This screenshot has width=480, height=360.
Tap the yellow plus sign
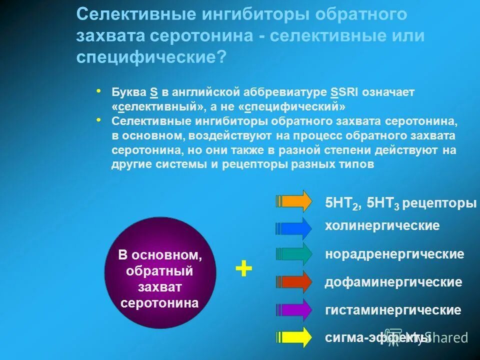tap(243, 269)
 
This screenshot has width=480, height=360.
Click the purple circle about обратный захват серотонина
tap(160, 272)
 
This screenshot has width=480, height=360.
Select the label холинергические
tap(382, 226)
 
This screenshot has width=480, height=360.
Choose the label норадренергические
tap(394, 254)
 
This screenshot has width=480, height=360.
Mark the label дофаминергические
tap(393, 282)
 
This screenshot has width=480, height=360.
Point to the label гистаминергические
tap(393, 310)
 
